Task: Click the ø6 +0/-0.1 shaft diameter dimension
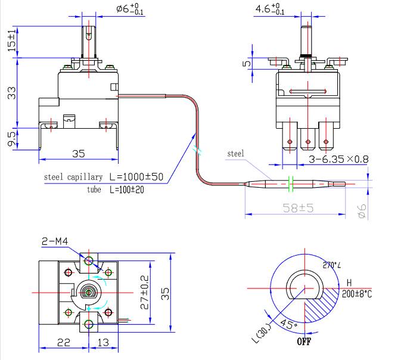[130, 10]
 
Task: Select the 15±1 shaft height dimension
[11, 41]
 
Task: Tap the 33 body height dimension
[11, 93]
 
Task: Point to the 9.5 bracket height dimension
[11, 139]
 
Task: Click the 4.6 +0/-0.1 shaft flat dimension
[270, 10]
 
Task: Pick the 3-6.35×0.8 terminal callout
[338, 159]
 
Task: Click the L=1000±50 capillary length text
[136, 177]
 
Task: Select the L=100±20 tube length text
[127, 190]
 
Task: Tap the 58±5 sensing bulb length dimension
[298, 208]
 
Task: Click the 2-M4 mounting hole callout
[55, 241]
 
